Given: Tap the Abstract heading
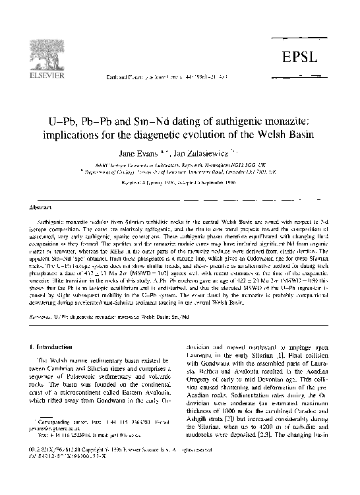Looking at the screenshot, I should point(37,205).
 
